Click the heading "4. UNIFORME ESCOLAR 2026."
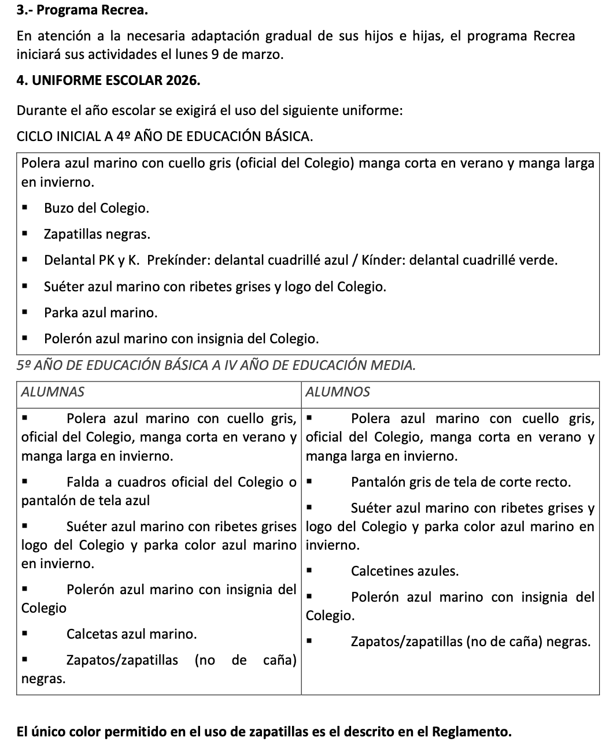(109, 80)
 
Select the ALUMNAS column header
(53, 392)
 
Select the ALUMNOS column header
(338, 392)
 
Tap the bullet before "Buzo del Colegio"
(25, 208)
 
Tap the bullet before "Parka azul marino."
(25, 313)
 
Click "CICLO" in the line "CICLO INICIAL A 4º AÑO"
(35, 137)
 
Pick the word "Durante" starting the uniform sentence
(40, 110)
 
